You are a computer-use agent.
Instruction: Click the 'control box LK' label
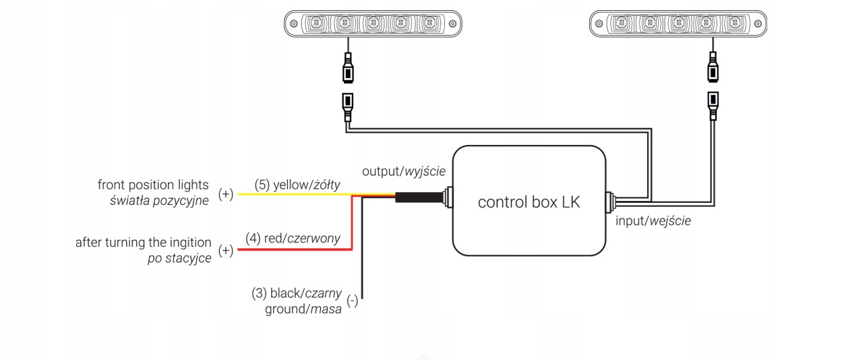pyautogui.click(x=529, y=202)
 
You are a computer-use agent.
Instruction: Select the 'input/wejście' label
pyautogui.click(x=653, y=220)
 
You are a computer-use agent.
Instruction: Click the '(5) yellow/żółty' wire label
pyautogui.click(x=297, y=185)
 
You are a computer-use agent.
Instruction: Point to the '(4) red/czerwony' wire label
pyautogui.click(x=293, y=238)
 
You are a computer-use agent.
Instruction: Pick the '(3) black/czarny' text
pyautogui.click(x=297, y=293)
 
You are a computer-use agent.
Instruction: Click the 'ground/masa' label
pyautogui.click(x=303, y=309)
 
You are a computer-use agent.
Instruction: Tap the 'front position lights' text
pyautogui.click(x=153, y=185)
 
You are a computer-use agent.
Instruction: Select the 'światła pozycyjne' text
pyautogui.click(x=159, y=200)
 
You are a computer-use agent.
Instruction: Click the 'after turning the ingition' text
pyautogui.click(x=143, y=242)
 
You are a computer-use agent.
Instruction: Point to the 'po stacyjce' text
pyautogui.click(x=179, y=258)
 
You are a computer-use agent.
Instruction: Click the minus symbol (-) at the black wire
pyautogui.click(x=352, y=301)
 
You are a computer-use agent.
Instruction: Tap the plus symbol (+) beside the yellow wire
pyautogui.click(x=226, y=194)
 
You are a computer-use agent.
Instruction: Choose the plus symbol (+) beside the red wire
pyautogui.click(x=226, y=251)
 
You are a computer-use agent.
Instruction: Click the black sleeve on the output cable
pyautogui.click(x=418, y=198)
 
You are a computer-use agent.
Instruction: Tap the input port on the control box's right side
pyautogui.click(x=609, y=200)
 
